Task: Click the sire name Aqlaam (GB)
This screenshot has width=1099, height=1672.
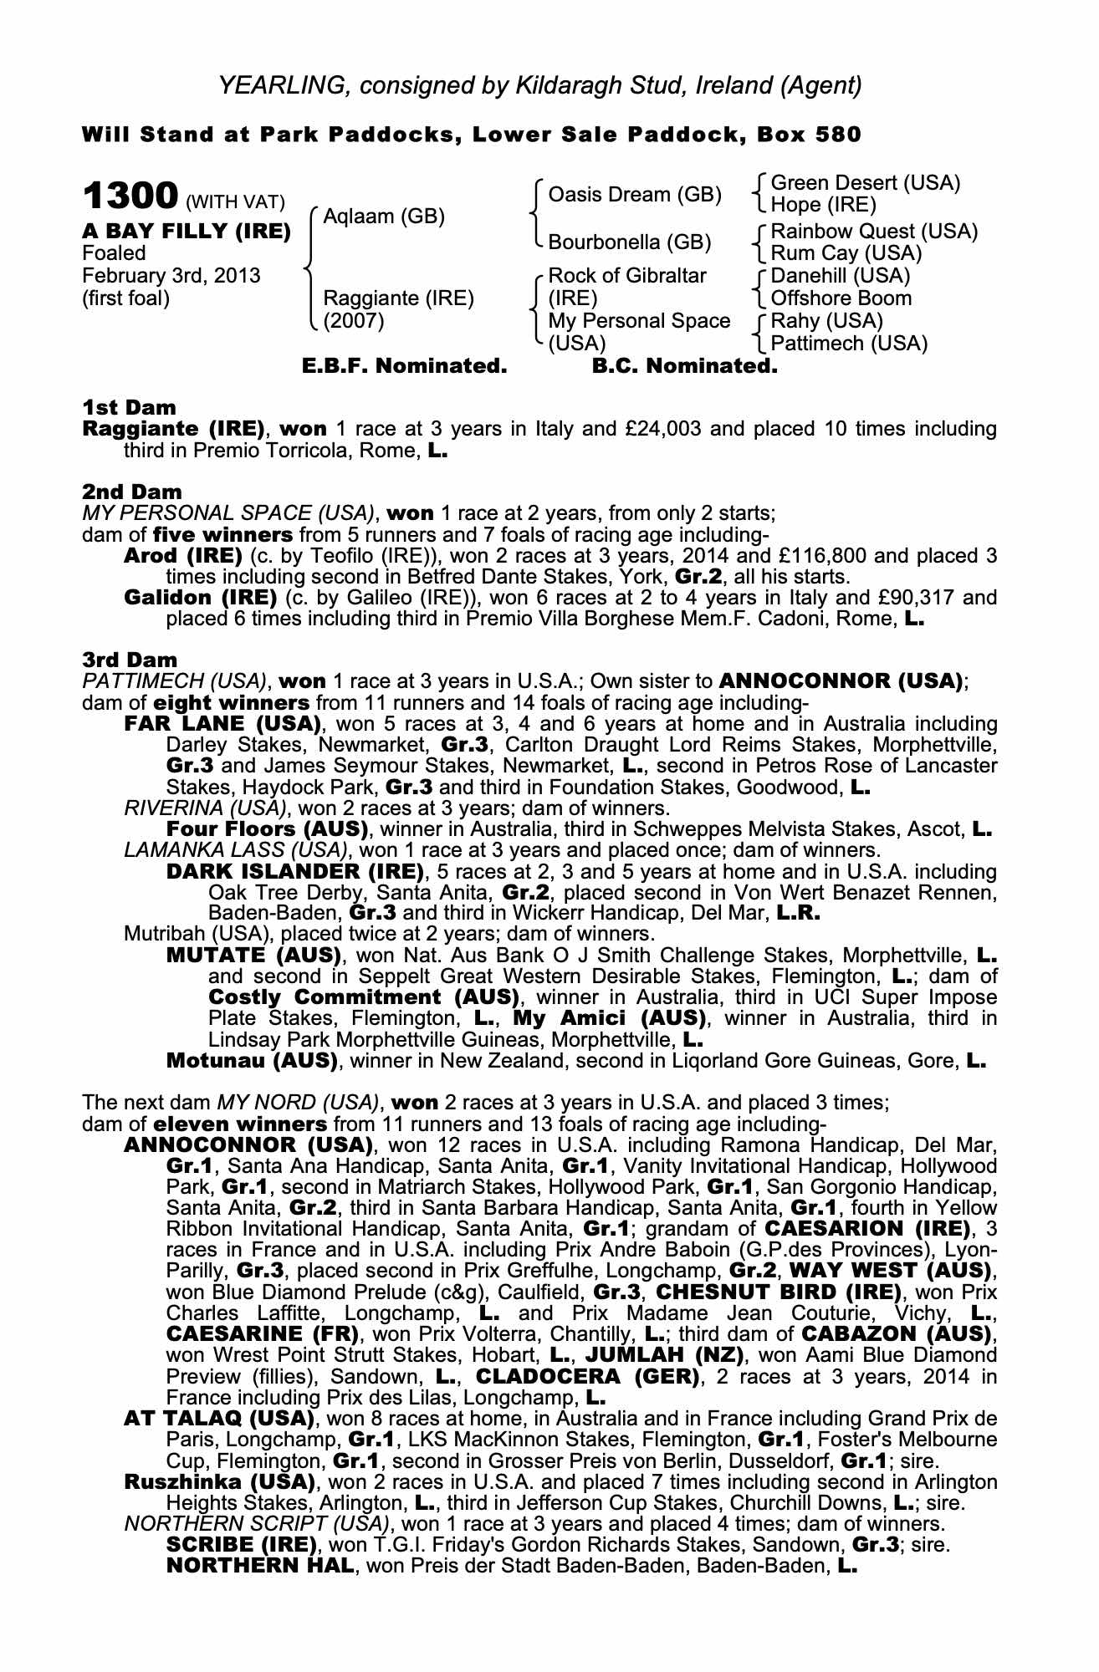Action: pyautogui.click(x=384, y=217)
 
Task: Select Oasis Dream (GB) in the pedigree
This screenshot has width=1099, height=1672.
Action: pyautogui.click(x=634, y=195)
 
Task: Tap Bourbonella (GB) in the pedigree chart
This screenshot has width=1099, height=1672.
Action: pyautogui.click(x=629, y=242)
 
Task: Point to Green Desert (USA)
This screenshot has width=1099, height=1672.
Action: pyautogui.click(x=866, y=183)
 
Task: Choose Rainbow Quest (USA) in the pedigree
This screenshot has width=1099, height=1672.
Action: pyautogui.click(x=874, y=231)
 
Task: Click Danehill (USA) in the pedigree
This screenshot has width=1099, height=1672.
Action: pyautogui.click(x=841, y=276)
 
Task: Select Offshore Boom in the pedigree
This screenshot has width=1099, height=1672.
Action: pyautogui.click(x=841, y=298)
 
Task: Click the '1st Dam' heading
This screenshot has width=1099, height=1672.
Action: pyautogui.click(x=130, y=407)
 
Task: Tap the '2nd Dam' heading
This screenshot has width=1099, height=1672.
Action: pyautogui.click(x=132, y=492)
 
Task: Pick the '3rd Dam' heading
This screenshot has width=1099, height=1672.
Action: pyautogui.click(x=130, y=660)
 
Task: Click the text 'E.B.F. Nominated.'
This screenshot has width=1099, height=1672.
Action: pyautogui.click(x=404, y=366)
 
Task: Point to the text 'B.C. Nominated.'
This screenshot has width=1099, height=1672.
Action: pyautogui.click(x=684, y=366)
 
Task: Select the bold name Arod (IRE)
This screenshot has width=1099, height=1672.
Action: pyautogui.click(x=183, y=556)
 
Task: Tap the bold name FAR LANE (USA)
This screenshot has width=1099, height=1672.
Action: pyautogui.click(x=222, y=723)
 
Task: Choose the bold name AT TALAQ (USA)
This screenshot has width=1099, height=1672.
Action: pyautogui.click(x=219, y=1419)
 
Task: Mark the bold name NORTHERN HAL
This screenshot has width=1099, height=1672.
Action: pyautogui.click(x=260, y=1566)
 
